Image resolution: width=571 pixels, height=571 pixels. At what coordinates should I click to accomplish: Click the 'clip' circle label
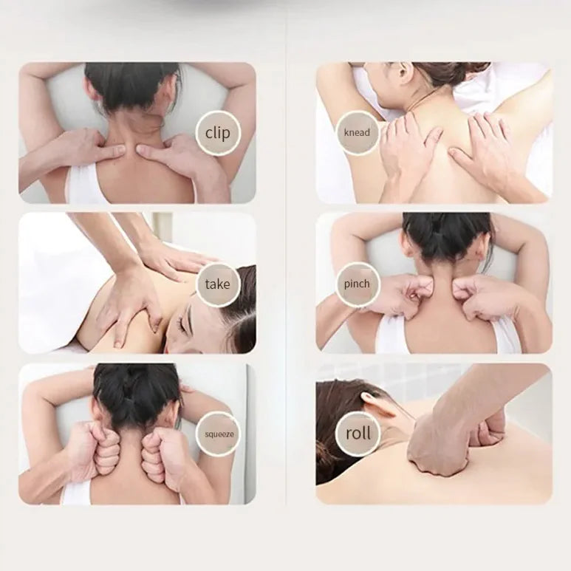click(218, 133)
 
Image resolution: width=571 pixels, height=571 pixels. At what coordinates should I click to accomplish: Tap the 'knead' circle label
click(357, 133)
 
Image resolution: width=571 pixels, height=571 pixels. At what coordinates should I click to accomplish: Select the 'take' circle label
click(218, 284)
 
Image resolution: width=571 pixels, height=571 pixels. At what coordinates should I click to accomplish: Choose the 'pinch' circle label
click(357, 284)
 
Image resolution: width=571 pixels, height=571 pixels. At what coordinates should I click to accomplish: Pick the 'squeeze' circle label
click(219, 434)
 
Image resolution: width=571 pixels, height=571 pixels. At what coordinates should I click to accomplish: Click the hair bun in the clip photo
click(131, 86)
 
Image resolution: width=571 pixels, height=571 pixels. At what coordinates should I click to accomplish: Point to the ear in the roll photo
click(371, 403)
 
